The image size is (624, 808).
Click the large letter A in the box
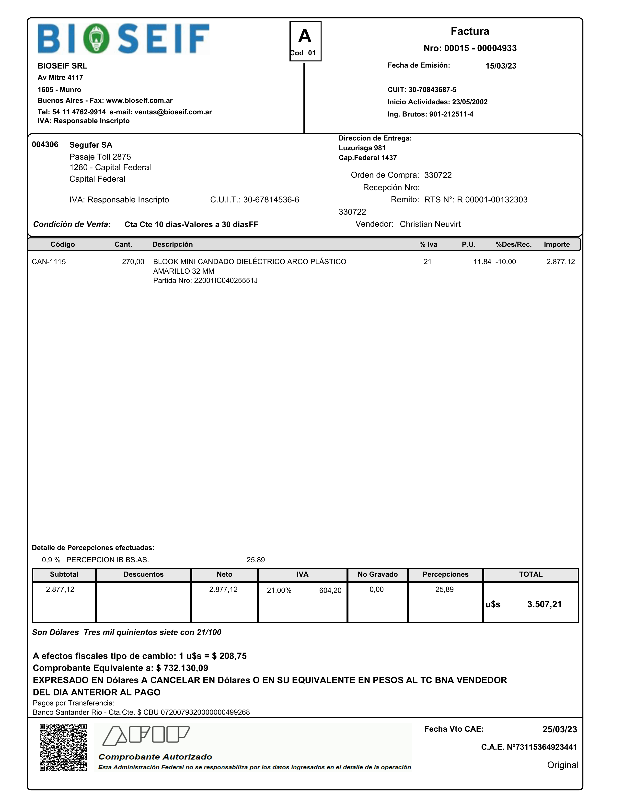click(305, 36)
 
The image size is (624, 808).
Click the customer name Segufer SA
click(91, 145)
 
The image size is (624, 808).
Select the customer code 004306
click(45, 145)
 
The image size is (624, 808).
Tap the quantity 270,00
click(133, 262)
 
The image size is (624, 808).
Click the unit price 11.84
click(482, 262)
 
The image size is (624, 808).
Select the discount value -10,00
click(505, 262)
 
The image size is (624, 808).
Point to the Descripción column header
click(172, 245)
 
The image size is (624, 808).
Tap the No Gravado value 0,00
click(377, 590)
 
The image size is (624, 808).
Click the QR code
click(63, 747)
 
